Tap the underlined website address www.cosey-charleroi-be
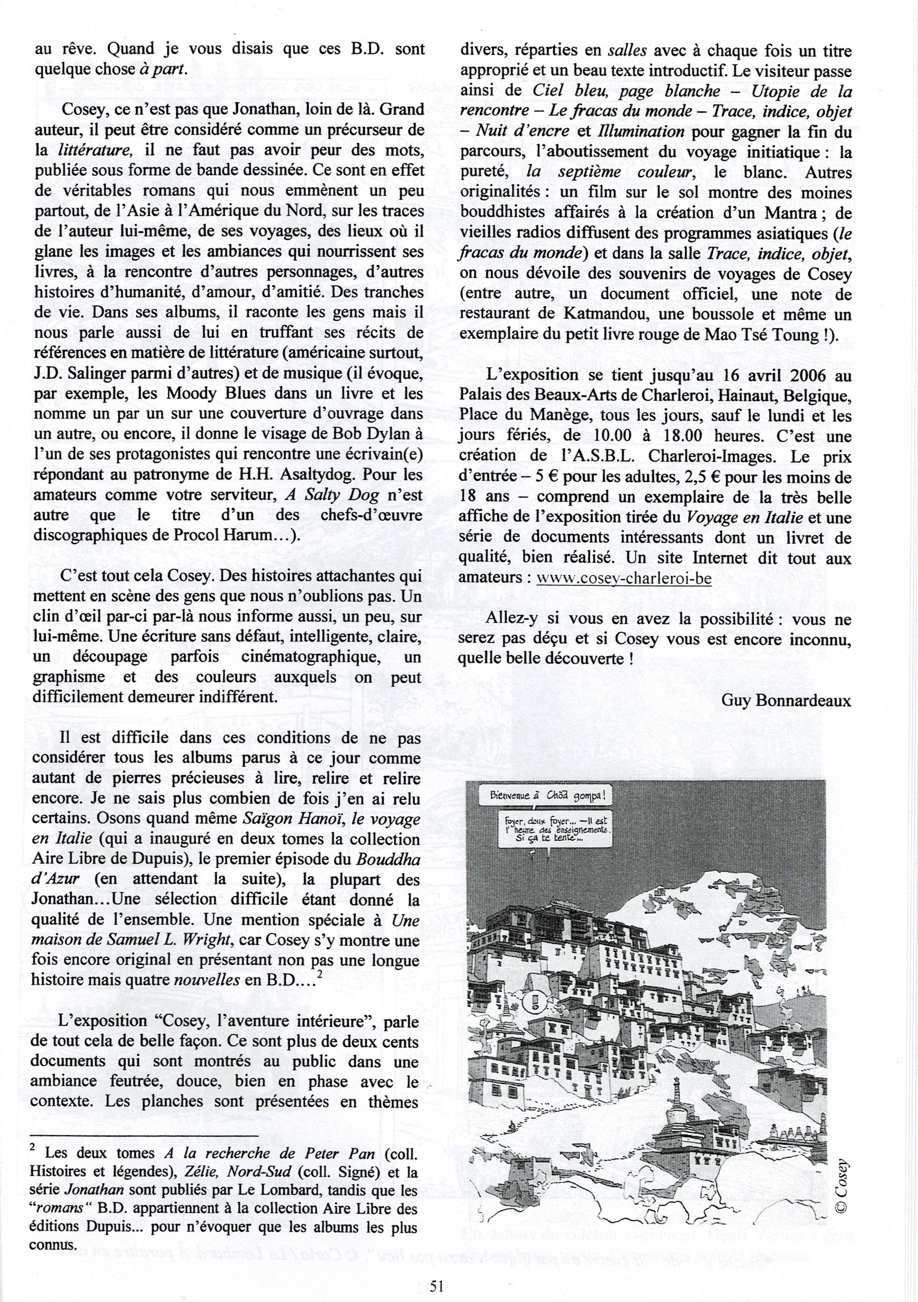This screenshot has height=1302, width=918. (x=624, y=579)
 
